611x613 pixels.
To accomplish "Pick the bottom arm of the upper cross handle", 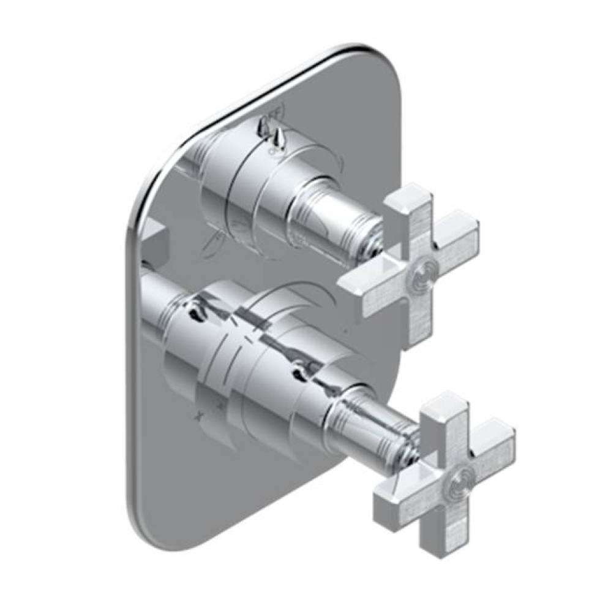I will tap(428, 313).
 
